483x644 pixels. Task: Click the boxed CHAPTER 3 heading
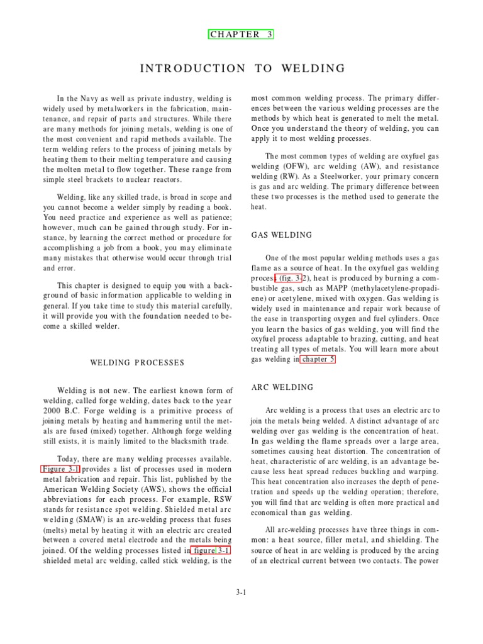point(241,35)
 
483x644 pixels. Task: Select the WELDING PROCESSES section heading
point(137,363)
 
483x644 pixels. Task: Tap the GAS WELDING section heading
point(281,235)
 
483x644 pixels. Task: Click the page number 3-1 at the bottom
point(241,592)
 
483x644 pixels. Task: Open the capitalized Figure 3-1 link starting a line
point(61,469)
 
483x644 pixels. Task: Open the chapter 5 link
point(318,359)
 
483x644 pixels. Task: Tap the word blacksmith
point(182,442)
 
